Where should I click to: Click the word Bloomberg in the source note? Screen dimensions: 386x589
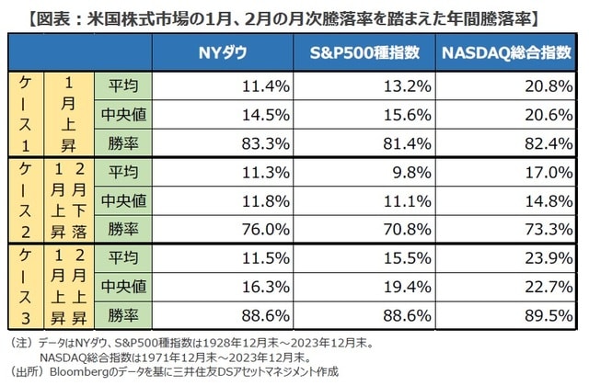[x=76, y=372]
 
